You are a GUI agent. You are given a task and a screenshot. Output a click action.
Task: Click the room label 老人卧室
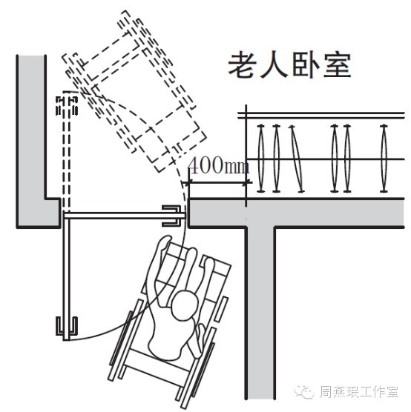click(x=289, y=65)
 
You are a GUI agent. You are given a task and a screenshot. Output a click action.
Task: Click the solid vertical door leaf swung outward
click(x=65, y=274)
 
